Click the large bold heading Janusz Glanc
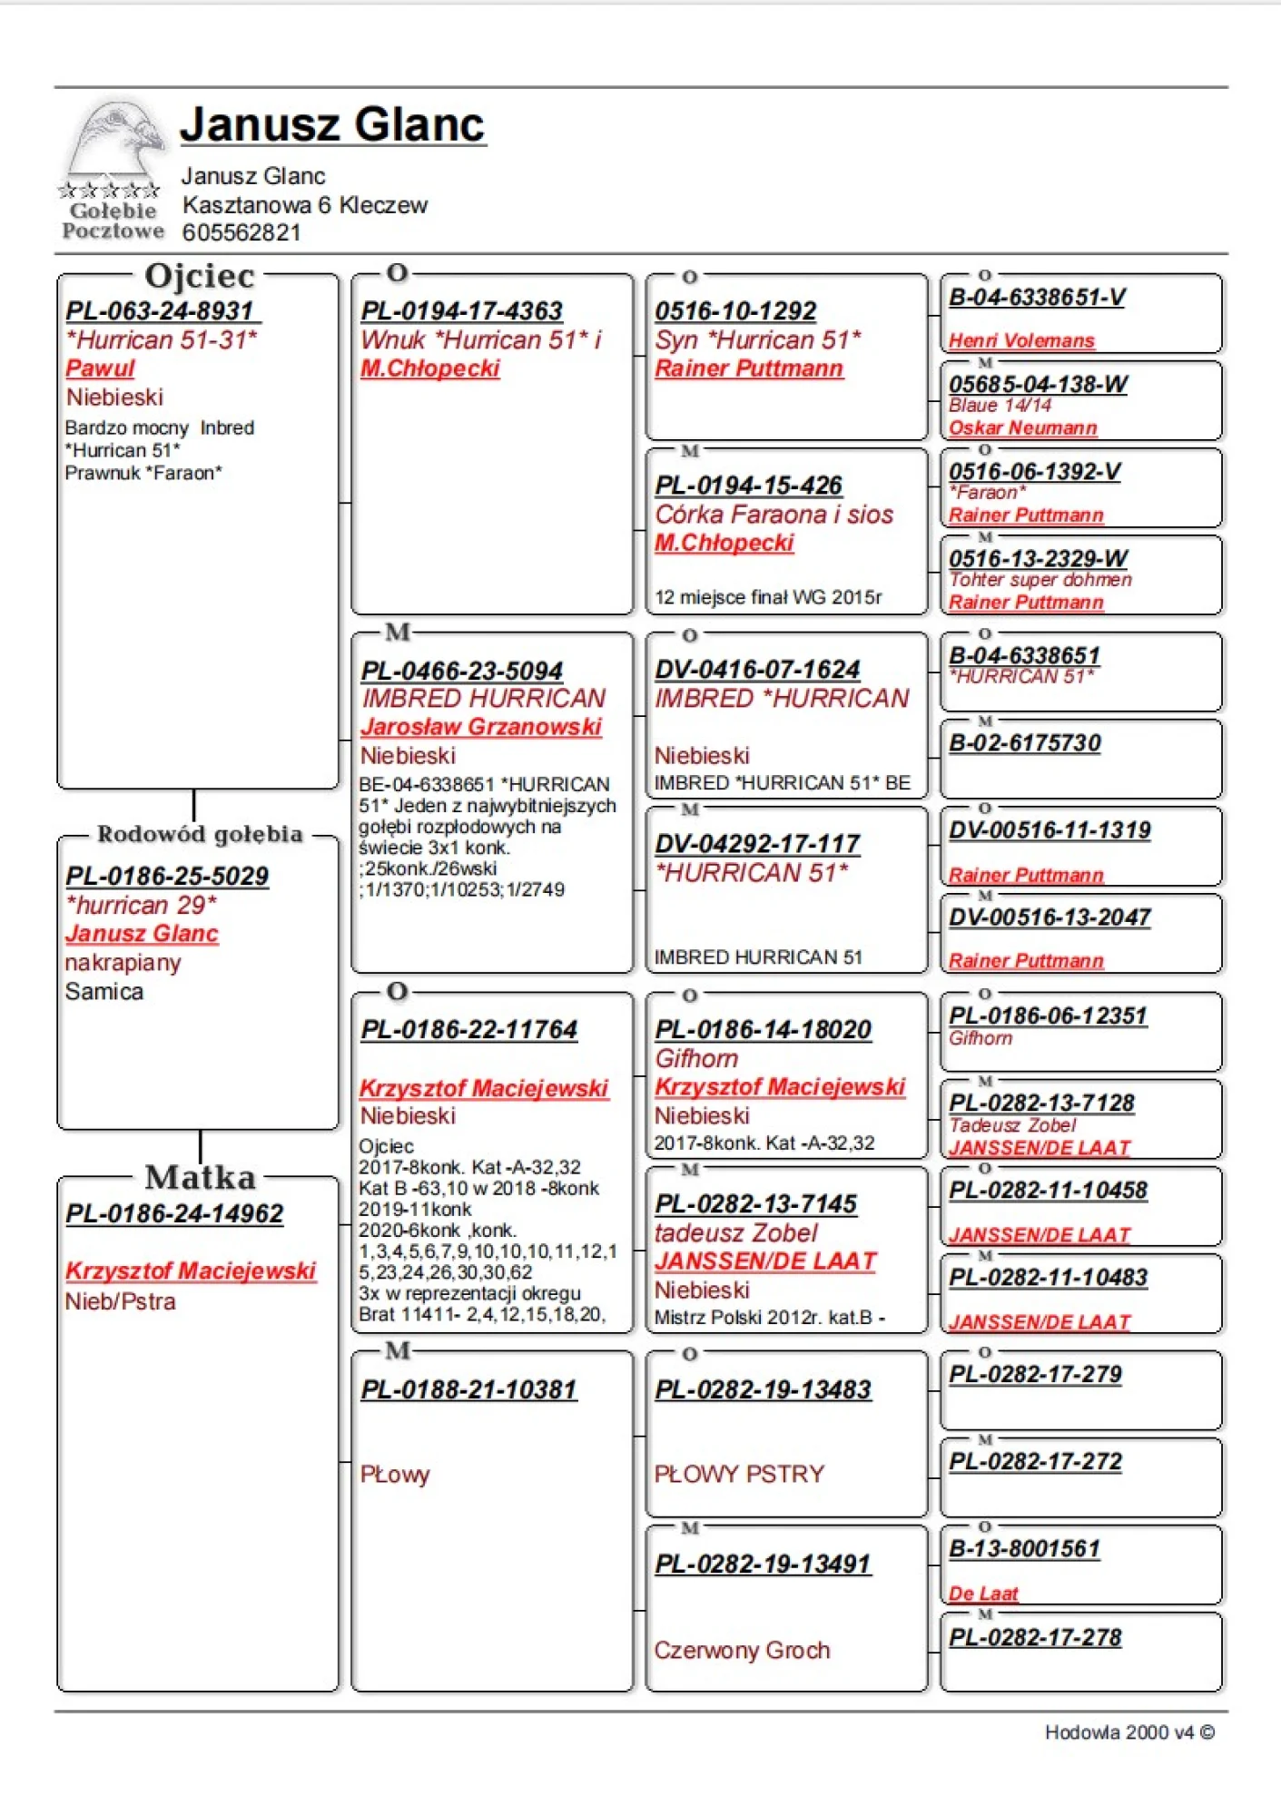[x=332, y=124]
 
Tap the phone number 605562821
[x=241, y=233]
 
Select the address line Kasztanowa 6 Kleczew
[x=304, y=205]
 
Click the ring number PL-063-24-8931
[x=161, y=311]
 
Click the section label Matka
[x=200, y=1177]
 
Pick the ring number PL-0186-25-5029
[x=167, y=876]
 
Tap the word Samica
[x=104, y=991]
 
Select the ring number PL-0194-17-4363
[x=461, y=311]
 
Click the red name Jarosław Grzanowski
[x=481, y=727]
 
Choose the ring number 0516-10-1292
[x=735, y=311]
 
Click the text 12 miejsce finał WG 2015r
[x=768, y=597]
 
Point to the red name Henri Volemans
[x=1021, y=341]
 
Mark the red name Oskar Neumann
[x=1023, y=427]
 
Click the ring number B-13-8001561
[x=1024, y=1548]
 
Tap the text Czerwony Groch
[x=742, y=1650]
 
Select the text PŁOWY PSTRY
[x=739, y=1474]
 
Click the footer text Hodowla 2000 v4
[x=1128, y=1732]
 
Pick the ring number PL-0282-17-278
[x=1035, y=1637]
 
